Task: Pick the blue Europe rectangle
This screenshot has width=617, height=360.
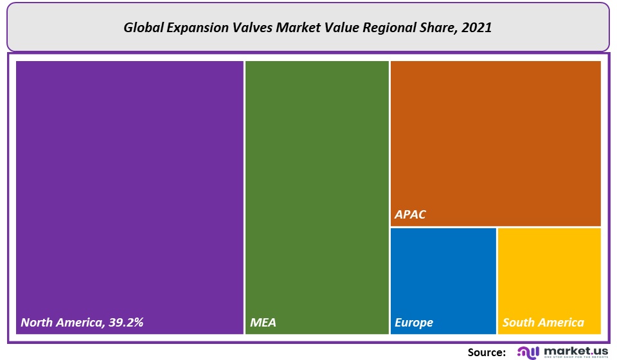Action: [x=443, y=276]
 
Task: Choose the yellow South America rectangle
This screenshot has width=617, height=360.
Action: [x=549, y=276]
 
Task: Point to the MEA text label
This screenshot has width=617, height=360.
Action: [x=263, y=323]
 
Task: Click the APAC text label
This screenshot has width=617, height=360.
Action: [x=410, y=215]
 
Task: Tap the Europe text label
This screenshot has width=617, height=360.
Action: [x=414, y=323]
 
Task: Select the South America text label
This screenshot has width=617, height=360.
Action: [x=543, y=323]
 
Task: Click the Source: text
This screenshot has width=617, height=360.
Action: [x=487, y=352]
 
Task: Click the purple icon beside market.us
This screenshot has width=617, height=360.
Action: [x=528, y=352]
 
